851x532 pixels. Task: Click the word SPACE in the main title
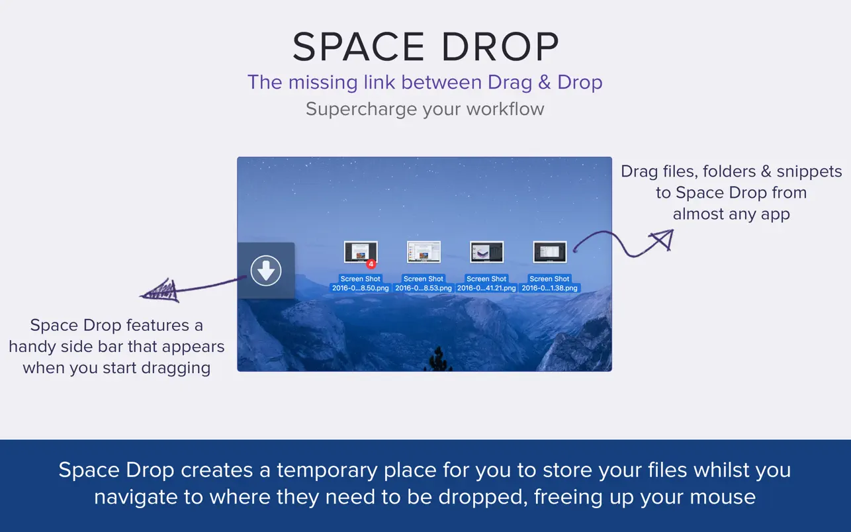click(x=359, y=47)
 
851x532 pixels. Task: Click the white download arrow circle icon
click(x=266, y=270)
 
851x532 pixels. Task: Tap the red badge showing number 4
click(x=371, y=263)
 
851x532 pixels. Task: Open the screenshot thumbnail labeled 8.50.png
click(x=360, y=252)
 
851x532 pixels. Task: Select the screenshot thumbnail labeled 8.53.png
click(x=424, y=252)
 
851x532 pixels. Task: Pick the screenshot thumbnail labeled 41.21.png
click(x=486, y=252)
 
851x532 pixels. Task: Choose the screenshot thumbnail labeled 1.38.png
click(x=550, y=252)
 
